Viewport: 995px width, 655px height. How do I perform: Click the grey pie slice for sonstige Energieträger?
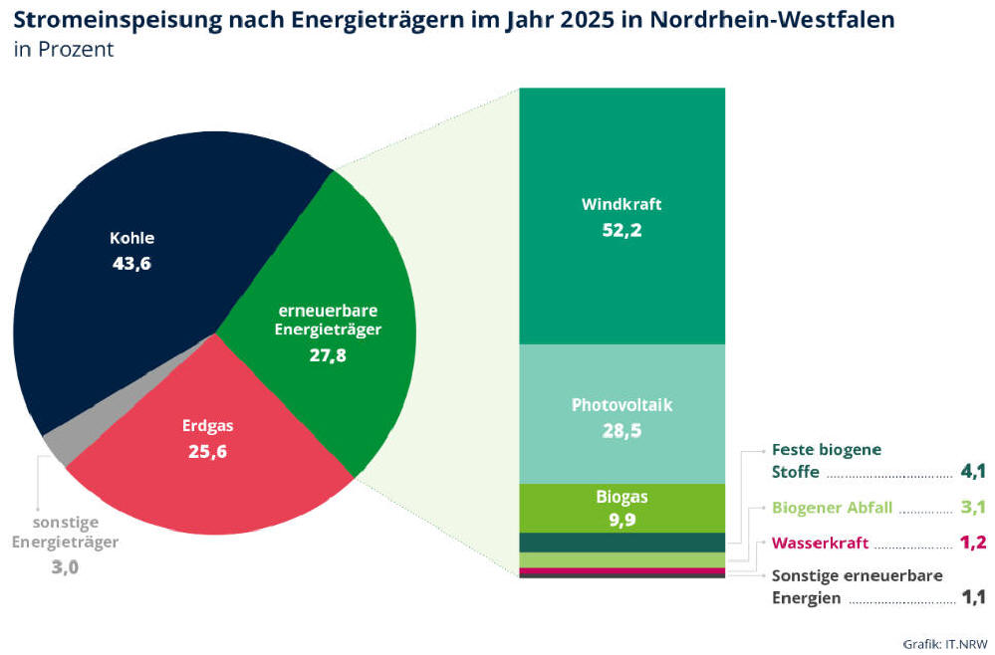click(57, 438)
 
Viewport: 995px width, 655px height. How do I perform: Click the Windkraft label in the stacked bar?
click(622, 205)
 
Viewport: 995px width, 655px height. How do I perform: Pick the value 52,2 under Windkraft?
click(622, 231)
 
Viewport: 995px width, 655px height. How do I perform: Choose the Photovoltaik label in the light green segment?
click(622, 405)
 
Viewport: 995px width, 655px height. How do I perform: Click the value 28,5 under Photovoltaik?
click(622, 431)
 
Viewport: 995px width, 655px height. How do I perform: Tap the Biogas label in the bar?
click(622, 495)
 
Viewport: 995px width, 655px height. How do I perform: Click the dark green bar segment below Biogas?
click(622, 543)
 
